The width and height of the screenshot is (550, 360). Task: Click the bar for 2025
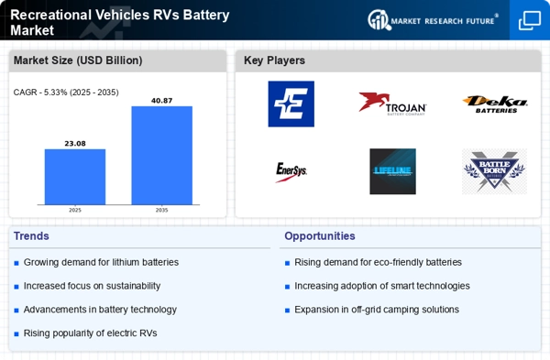(75, 177)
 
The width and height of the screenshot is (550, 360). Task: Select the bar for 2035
(161, 155)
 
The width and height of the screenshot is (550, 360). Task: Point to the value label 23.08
(75, 143)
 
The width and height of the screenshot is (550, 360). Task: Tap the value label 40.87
(161, 100)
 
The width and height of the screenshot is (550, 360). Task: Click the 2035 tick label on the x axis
(161, 210)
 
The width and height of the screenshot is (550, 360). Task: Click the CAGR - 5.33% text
(66, 92)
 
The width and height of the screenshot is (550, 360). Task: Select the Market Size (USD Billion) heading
(76, 60)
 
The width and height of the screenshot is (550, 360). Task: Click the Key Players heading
(274, 60)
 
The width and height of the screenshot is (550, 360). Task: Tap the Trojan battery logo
(392, 104)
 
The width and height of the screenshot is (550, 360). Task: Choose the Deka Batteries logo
(494, 104)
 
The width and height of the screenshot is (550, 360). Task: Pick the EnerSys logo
(291, 171)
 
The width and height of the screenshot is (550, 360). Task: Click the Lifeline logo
(392, 171)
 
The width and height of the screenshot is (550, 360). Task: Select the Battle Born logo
(494, 171)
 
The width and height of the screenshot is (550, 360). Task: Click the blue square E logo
(291, 104)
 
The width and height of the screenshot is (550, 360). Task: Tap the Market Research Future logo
(433, 19)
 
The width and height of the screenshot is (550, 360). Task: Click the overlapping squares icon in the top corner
(530, 20)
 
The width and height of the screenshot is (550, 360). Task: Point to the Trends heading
(31, 235)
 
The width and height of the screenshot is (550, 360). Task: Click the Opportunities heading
(319, 235)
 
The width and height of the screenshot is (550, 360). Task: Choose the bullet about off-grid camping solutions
(376, 310)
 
